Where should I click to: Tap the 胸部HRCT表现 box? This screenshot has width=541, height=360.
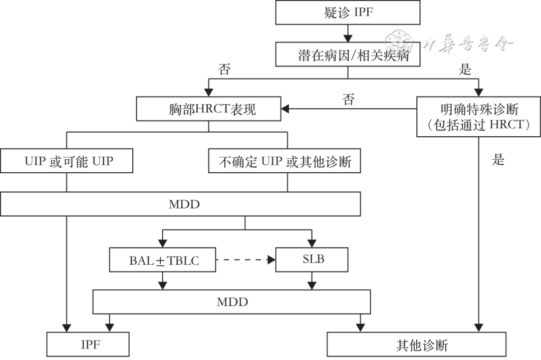coord(209,109)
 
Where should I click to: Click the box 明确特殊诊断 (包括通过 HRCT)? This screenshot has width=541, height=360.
coord(478,116)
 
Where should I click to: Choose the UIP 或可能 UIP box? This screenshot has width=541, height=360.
coord(67,161)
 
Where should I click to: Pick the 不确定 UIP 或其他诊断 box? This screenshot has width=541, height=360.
coord(285,161)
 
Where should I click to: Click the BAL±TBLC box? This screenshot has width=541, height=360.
coord(162,260)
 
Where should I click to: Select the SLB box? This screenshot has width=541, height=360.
coord(312,260)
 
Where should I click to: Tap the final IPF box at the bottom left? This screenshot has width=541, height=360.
coord(88,344)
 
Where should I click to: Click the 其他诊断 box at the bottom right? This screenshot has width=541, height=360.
coord(416,344)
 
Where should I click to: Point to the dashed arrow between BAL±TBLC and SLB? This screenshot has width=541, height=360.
coord(246,260)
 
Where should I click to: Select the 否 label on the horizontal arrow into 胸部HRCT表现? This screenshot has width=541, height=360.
coord(349,99)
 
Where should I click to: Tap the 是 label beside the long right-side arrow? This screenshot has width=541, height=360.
coord(497,160)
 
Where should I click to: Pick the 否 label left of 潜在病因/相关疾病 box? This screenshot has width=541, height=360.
coord(224,70)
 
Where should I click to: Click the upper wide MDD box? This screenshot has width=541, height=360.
coord(180,204)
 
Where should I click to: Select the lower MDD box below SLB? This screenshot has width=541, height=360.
coord(231,302)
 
